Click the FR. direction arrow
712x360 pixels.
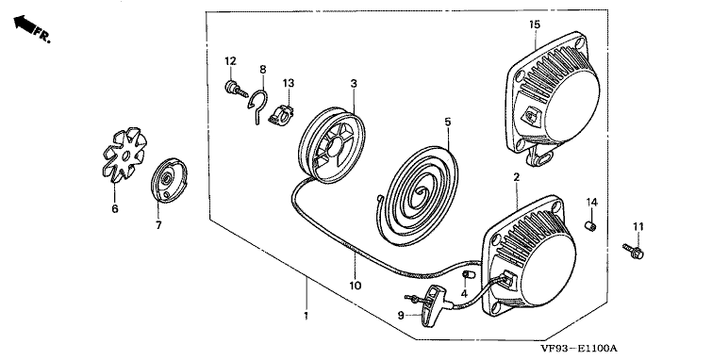pos(25,25)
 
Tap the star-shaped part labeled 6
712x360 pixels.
pos(124,155)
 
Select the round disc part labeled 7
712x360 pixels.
pos(169,180)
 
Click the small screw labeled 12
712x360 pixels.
pos(235,90)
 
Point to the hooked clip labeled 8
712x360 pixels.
pos(257,106)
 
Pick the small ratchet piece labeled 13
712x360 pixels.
pos(281,115)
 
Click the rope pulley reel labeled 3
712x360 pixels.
pos(332,144)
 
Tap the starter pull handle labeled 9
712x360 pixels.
pos(430,305)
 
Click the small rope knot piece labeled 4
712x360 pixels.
pos(469,274)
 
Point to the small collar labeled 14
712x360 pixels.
pos(589,225)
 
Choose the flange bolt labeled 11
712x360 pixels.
pos(634,251)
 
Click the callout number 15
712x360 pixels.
pos(535,25)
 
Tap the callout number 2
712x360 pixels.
pos(516,177)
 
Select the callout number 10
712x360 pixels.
pos(356,286)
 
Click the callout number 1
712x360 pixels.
pos(306,316)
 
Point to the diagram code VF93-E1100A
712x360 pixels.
pos(579,349)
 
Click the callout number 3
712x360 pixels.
pos(354,84)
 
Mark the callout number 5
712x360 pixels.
pos(448,122)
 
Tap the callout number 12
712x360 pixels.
pos(231,61)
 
